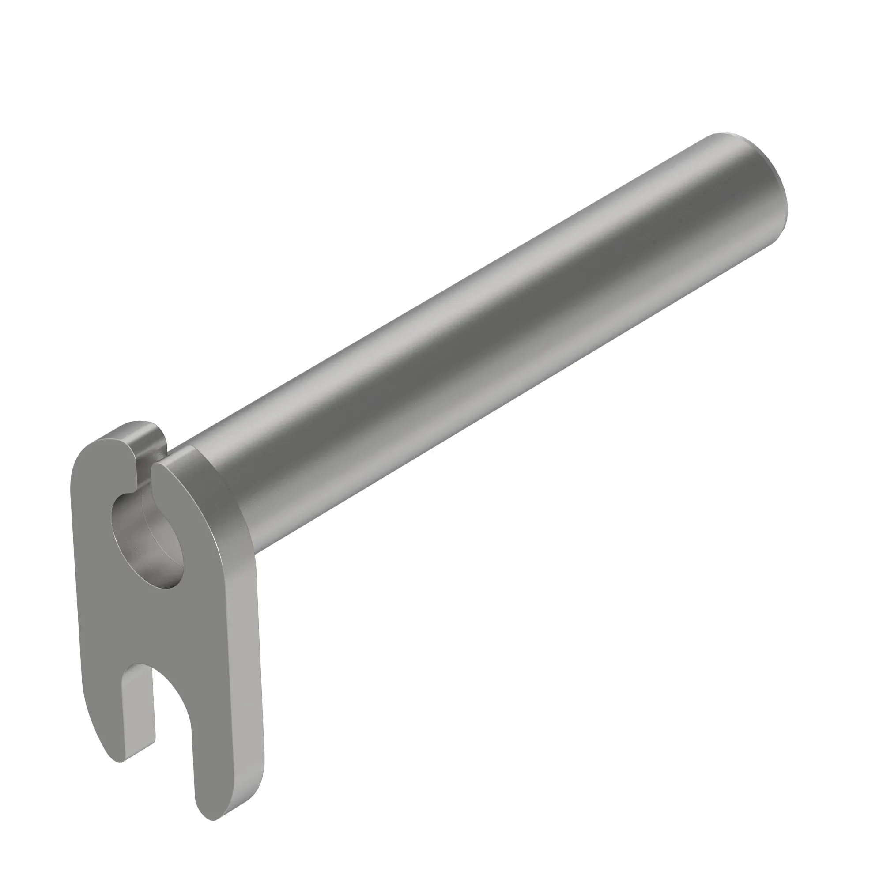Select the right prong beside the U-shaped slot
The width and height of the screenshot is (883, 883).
click(219, 731)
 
